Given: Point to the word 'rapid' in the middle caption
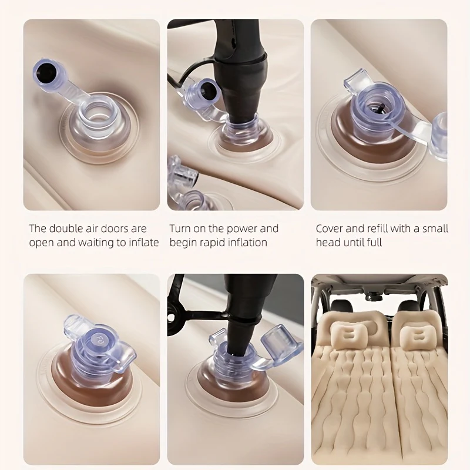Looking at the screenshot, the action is coord(212,243).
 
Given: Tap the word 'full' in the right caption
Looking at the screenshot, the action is coord(374,242).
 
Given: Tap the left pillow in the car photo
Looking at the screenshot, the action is coord(349,335).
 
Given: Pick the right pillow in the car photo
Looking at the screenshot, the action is coord(418,337).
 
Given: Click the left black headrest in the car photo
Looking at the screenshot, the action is coord(341,307).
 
